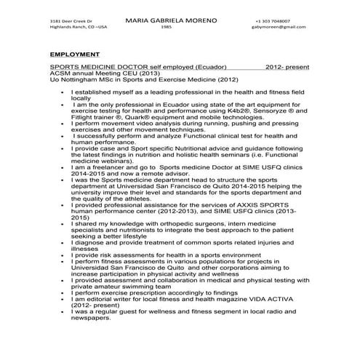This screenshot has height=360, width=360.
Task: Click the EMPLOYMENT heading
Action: pyautogui.click(x=75, y=54)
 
